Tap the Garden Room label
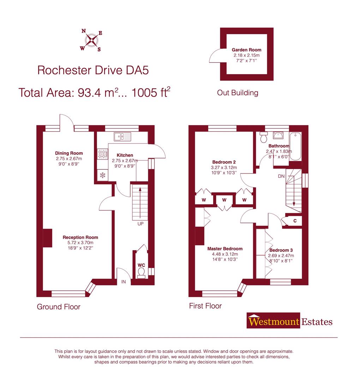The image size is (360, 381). [246, 50]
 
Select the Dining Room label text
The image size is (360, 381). [69, 153]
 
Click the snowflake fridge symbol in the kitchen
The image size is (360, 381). [102, 175]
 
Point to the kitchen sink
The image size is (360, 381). [122, 135]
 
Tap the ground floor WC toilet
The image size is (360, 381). [141, 273]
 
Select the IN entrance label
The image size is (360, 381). [124, 282]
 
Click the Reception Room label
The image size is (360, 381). [80, 237]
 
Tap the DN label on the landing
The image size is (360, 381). [281, 176]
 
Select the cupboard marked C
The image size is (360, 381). [295, 221]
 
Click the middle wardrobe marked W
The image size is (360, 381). [224, 200]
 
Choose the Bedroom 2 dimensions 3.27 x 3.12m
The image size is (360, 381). [224, 168]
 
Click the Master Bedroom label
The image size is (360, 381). [225, 249]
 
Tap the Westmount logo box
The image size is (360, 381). [274, 321]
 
